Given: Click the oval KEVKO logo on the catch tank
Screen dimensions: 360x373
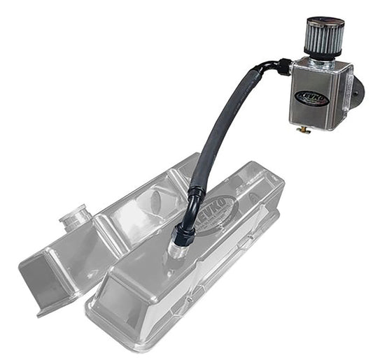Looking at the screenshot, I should point(312,98).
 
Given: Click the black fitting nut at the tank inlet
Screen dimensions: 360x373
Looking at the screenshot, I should point(283,66).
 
